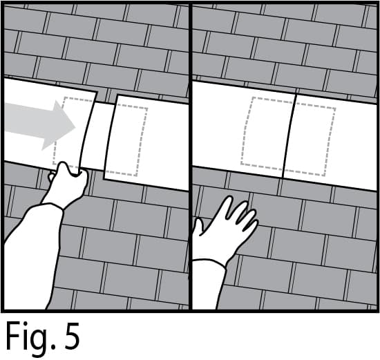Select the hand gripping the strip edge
[x=68, y=184]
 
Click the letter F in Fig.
[x=15, y=337]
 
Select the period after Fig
[x=53, y=348]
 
